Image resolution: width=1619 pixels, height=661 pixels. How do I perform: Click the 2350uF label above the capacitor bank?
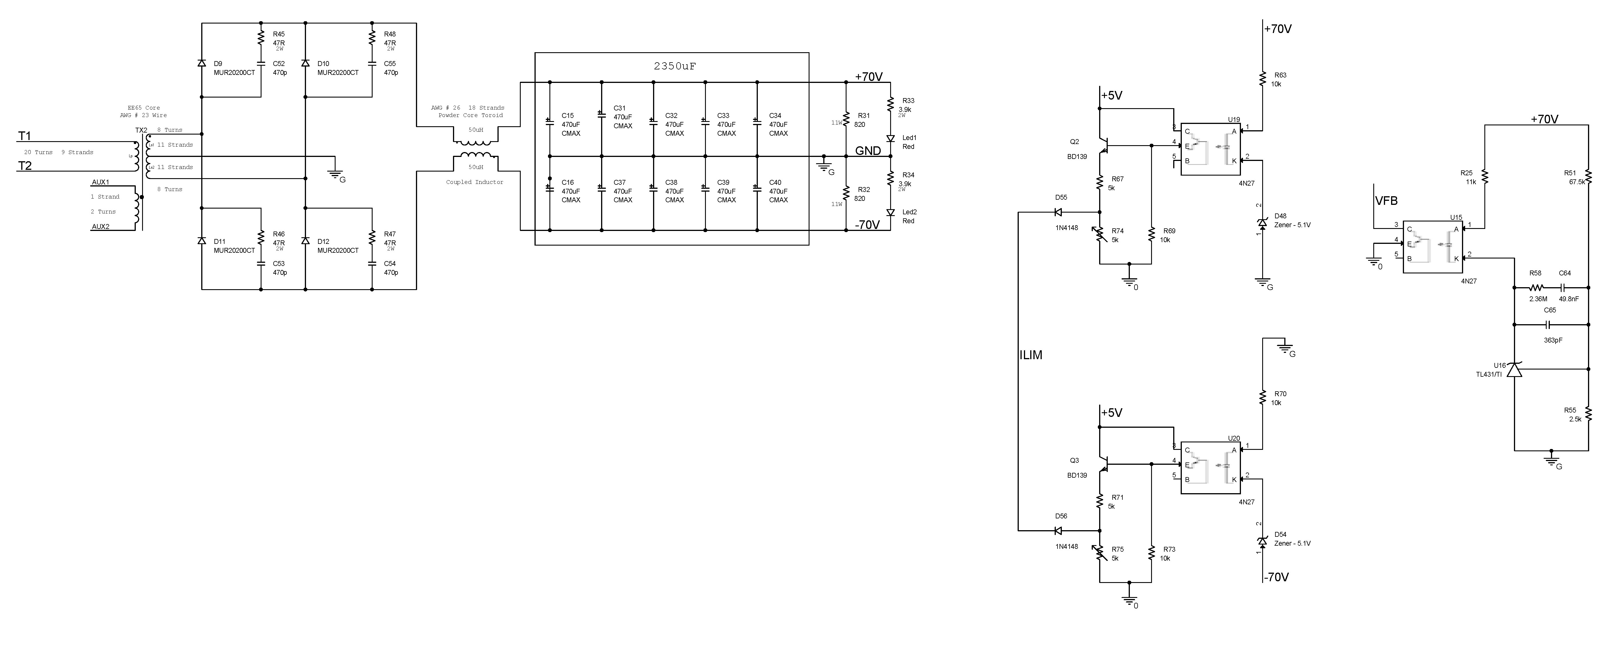click(674, 66)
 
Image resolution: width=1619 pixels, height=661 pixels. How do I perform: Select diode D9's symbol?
click(202, 63)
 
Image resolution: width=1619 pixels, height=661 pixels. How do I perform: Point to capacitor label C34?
click(775, 116)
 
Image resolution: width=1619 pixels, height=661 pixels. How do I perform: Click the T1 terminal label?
click(24, 136)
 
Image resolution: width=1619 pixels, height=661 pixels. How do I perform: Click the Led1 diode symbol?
click(890, 138)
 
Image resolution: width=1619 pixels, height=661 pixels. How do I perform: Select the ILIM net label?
click(1031, 355)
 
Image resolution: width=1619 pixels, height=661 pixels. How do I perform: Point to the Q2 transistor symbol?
click(1102, 146)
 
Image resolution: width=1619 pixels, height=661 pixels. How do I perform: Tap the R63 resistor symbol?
click(1262, 79)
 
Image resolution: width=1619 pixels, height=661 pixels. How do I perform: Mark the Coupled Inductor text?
click(475, 182)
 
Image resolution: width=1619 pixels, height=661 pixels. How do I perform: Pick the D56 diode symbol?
click(1058, 531)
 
